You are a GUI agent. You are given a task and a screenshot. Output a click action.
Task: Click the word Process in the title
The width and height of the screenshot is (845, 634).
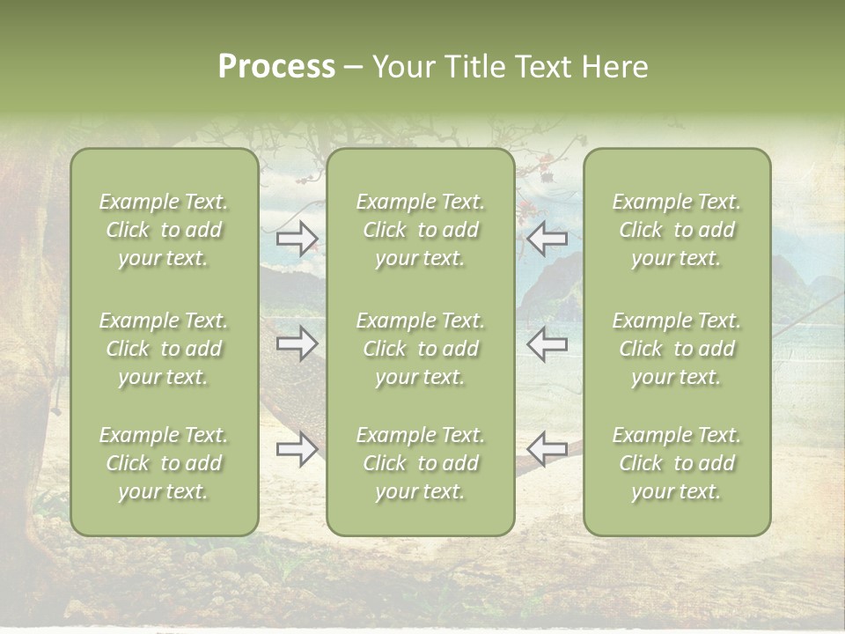coord(276,66)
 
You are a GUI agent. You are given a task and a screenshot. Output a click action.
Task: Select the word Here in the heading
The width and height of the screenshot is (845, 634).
coord(615,66)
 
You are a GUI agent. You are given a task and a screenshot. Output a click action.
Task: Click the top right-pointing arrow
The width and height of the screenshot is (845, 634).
coord(297,239)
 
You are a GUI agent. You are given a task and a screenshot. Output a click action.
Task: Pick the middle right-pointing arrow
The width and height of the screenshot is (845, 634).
coord(297,343)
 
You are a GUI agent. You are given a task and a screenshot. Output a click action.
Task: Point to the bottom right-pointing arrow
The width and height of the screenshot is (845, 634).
coord(297,449)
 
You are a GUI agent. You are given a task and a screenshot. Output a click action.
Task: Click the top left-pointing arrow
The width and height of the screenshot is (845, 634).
coord(547,239)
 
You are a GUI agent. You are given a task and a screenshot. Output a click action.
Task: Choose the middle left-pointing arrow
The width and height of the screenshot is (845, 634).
coord(547,343)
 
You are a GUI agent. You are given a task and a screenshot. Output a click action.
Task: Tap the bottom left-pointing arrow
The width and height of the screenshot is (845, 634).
coord(547,449)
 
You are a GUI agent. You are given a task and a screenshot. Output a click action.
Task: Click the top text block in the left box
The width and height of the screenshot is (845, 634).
coord(164,230)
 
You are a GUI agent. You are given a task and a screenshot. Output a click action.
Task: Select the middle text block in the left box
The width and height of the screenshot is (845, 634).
coord(164,349)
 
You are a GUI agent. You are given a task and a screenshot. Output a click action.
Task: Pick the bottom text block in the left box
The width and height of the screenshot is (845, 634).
coord(164,463)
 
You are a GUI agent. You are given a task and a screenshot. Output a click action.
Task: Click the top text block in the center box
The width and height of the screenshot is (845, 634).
coord(420,230)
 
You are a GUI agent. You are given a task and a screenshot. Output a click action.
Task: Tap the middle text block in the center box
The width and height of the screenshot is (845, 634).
coord(420,349)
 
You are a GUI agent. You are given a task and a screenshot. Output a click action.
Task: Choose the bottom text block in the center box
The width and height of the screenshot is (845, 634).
coord(420,463)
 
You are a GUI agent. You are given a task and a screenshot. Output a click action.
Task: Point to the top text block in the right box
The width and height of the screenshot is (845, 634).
coord(676,230)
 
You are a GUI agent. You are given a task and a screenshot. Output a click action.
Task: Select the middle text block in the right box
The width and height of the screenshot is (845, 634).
coord(676,349)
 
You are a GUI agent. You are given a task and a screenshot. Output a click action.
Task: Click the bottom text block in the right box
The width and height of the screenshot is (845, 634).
coord(676,463)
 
